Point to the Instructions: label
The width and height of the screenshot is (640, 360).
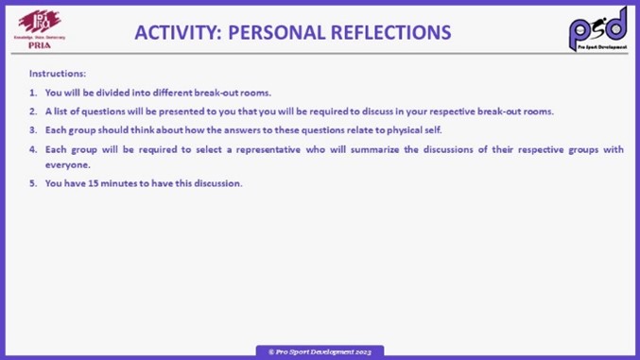pyautogui.click(x=58, y=73)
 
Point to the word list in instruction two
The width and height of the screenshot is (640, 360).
pyautogui.click(x=61, y=111)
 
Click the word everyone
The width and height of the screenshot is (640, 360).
pyautogui.click(x=68, y=164)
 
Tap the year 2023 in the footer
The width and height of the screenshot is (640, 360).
pyautogui.click(x=363, y=351)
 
